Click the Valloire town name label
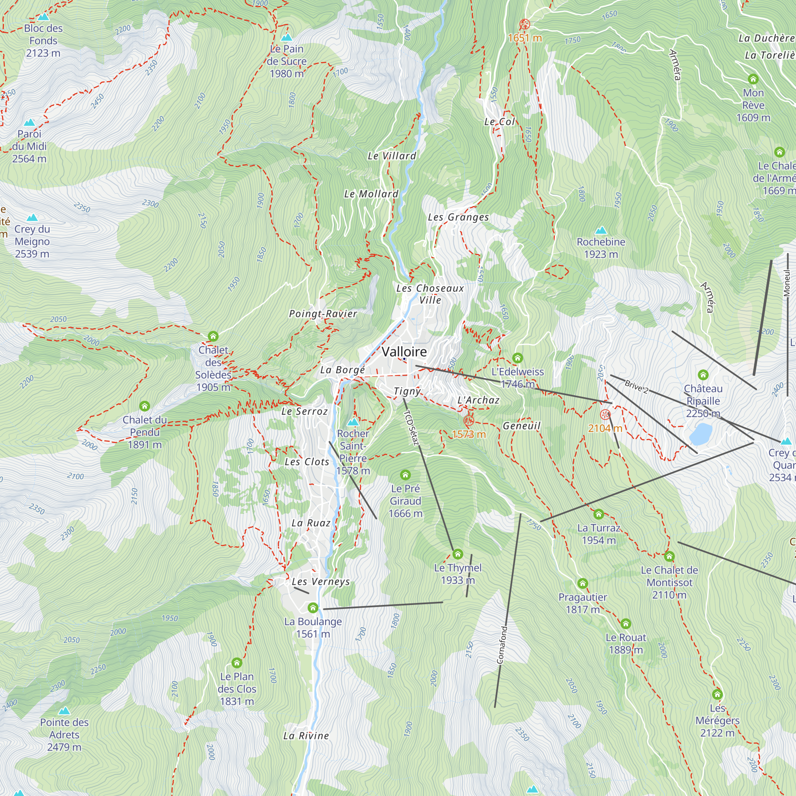404,351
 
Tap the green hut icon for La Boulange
313,608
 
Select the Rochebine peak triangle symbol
601,230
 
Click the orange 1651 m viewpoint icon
525,24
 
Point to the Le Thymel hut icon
458,554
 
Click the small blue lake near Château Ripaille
700,435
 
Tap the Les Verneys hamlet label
320,581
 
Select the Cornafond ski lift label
502,645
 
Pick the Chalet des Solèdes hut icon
213,336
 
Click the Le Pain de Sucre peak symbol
286,37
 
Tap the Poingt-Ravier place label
323,314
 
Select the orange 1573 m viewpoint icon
469,421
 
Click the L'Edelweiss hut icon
517,358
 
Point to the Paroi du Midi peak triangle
29,123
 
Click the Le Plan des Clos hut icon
236,663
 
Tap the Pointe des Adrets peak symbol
64,711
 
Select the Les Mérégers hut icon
717,694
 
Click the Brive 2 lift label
636,386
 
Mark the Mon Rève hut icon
753,79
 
